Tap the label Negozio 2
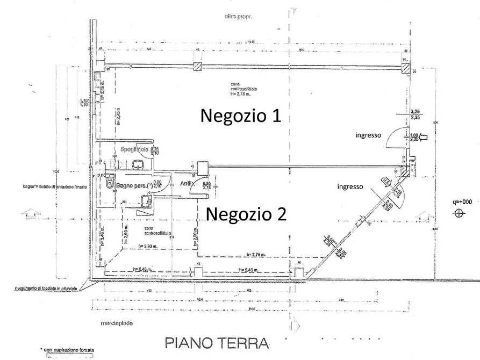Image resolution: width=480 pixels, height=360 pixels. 246,214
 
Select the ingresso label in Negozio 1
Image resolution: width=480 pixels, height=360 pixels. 368,135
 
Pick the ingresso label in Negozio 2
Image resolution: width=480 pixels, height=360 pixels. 349,186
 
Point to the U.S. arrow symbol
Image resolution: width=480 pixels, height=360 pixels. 387,181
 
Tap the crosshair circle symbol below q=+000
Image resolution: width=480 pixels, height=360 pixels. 459,213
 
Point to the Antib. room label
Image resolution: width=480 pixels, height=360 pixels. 187,184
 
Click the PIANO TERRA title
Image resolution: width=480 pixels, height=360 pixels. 217,342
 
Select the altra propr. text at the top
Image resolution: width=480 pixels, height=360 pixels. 239,17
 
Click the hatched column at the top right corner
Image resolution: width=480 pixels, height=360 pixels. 404,66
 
